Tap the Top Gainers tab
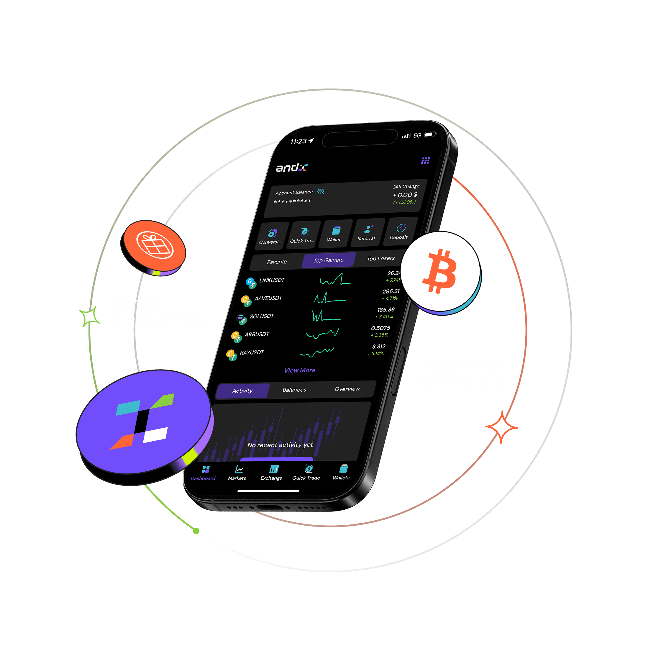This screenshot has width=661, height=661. click(329, 260)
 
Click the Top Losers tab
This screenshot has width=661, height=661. click(380, 259)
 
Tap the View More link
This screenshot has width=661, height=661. click(300, 370)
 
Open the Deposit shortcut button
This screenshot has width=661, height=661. click(399, 232)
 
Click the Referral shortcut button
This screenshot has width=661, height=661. click(366, 233)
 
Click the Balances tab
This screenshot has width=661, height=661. click(294, 390)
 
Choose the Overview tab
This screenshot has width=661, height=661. click(347, 389)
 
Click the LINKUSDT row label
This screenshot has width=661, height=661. click(272, 280)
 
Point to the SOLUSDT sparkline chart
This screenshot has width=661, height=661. click(326, 316)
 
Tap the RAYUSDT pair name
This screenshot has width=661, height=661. click(252, 352)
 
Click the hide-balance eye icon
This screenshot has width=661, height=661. click(321, 191)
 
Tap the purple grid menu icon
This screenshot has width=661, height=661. click(425, 160)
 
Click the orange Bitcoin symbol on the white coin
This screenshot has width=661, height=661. click(440, 271)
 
